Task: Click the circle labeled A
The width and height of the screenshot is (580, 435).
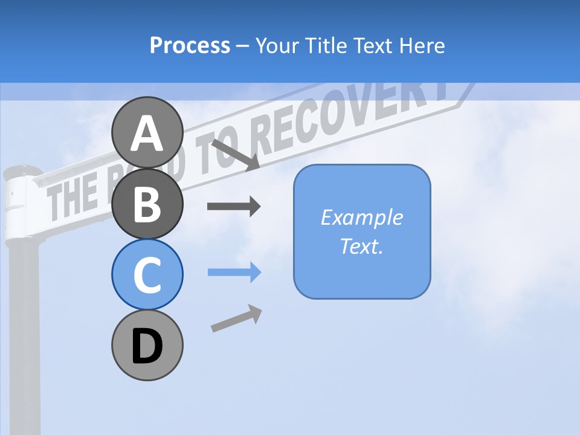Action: coord(147,132)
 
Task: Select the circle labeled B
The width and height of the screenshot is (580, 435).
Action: coord(147,204)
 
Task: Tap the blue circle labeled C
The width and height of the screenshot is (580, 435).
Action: coord(147,275)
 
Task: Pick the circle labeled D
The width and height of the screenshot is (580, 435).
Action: coord(147,346)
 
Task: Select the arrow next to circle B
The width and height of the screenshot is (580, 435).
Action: coord(233,207)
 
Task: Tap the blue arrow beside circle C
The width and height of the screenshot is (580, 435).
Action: coord(234,272)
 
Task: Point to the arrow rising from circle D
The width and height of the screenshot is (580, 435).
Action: coord(236,318)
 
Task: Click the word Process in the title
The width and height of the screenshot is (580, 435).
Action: coord(190,45)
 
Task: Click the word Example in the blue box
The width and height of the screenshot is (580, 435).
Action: coord(361,217)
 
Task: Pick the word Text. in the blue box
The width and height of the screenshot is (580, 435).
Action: coord(361,246)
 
